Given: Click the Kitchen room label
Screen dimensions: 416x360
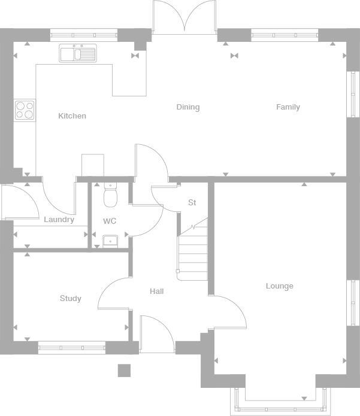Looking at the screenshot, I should [x=72, y=116].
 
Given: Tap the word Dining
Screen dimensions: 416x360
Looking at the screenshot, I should [x=187, y=107].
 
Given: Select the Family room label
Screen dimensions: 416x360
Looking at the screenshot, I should [x=288, y=107].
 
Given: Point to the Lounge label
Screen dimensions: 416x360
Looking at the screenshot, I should [x=279, y=286].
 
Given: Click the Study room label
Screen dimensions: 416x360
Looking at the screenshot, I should [x=70, y=298].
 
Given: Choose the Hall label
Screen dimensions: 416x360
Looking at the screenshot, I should [x=156, y=291].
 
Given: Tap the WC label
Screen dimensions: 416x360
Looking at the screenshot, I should [x=109, y=221].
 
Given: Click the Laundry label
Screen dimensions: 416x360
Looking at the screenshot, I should [x=59, y=220].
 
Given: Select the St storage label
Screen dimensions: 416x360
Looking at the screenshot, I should [x=192, y=203].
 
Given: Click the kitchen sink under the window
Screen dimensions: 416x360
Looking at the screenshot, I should [x=78, y=53].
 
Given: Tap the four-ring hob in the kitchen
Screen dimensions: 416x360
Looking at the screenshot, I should [x=25, y=110].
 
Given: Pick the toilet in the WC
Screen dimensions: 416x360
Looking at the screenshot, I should [x=110, y=196].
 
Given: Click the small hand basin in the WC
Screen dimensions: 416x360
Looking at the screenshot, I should [x=110, y=241].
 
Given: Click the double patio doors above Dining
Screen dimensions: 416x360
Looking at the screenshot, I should [x=184, y=17].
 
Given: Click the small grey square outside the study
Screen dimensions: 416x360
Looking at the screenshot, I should [x=124, y=371].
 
